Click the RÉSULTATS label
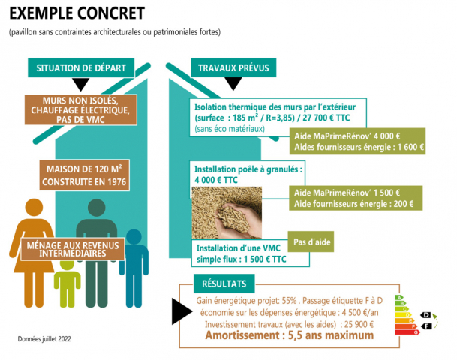224,283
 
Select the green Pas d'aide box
310,242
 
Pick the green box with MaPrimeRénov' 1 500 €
353,198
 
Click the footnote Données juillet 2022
45,339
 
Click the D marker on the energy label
426,315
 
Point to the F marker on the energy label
426,327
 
